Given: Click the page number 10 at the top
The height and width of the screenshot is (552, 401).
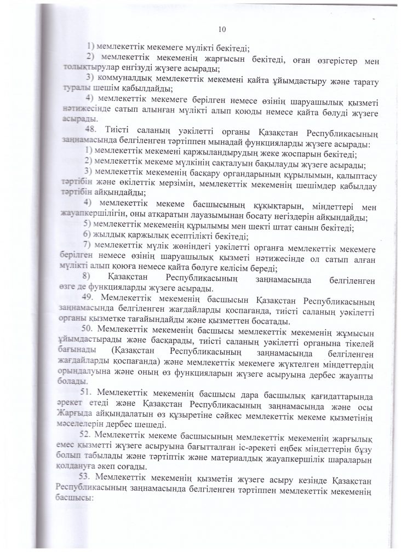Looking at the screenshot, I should [222, 29].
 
